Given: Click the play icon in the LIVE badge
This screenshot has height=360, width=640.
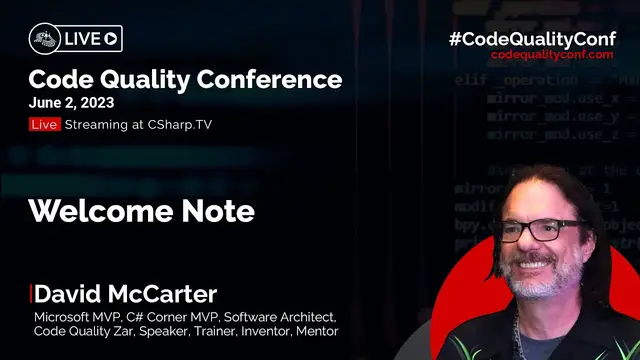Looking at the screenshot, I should point(111,39).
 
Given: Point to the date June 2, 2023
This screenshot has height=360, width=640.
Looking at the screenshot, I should point(73,103).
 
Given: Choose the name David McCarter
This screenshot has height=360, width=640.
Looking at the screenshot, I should point(126,294).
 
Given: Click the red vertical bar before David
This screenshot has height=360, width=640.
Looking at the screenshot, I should point(31,294).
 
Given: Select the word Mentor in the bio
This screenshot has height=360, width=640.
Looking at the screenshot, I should point(316,331).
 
